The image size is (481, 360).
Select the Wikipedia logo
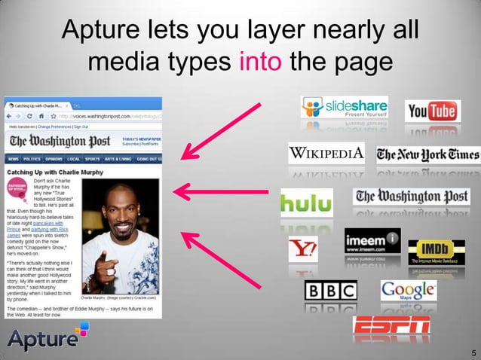[x=327, y=155]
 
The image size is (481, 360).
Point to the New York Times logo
[x=427, y=155]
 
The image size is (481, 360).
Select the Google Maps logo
[x=408, y=291]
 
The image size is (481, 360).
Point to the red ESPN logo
[x=391, y=325]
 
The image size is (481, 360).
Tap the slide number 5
[x=473, y=352]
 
